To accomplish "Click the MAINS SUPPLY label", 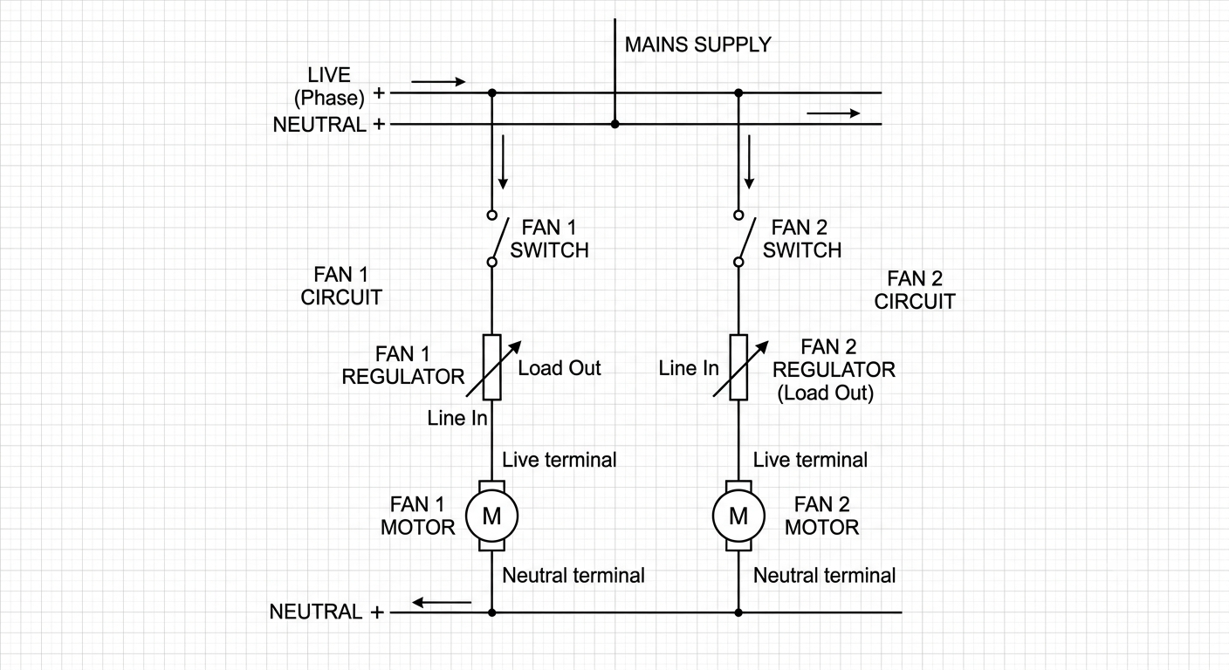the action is [698, 44].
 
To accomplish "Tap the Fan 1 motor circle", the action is [466, 516].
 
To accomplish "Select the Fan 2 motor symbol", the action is [738, 516].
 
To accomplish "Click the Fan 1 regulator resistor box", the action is [491, 366].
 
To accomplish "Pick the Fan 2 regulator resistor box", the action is [738, 366].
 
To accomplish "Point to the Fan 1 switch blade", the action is [501, 238].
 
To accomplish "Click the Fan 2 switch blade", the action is [747, 238].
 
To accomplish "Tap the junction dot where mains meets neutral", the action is [615, 125].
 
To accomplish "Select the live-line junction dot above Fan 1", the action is [492, 93].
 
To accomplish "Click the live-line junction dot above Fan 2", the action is [738, 93].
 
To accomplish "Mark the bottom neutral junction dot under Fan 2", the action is [738, 612].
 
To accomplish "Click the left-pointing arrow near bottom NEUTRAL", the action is [442, 603].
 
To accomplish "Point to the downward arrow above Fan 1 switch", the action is [503, 161].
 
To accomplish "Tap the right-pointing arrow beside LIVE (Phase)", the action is [438, 82].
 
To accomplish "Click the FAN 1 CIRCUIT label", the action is [341, 285].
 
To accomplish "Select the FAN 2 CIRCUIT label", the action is [915, 290].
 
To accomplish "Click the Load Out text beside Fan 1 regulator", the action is [560, 368].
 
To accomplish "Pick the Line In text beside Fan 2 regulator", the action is [689, 368].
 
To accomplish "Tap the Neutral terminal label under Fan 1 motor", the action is [573, 575].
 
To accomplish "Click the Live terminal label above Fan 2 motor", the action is [810, 460].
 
